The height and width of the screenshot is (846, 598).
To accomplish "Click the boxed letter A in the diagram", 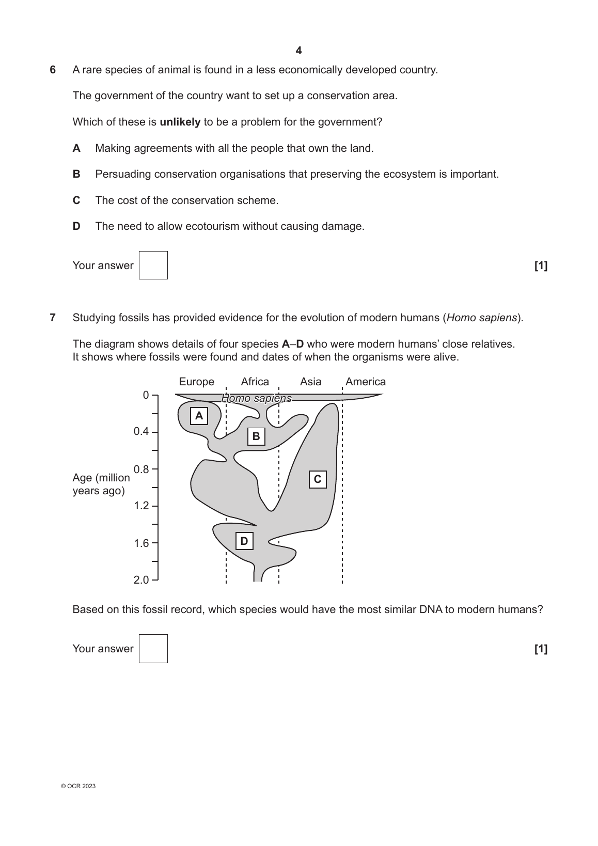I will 199,416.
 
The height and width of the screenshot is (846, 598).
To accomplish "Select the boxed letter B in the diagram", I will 256,436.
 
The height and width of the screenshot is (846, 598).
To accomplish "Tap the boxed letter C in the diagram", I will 318,479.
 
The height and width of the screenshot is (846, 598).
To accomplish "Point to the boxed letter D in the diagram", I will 244,541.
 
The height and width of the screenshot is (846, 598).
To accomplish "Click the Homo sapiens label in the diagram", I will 257,398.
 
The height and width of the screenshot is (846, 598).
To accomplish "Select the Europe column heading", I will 196,382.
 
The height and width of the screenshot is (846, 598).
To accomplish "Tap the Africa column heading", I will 255,382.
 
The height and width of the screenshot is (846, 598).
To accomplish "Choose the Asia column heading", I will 310,382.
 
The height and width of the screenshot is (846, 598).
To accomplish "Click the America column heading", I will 366,382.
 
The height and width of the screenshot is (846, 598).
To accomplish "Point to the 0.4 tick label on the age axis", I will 141,431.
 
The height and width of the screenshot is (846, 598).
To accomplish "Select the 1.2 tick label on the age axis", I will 141,506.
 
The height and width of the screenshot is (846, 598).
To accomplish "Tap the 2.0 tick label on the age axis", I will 141,580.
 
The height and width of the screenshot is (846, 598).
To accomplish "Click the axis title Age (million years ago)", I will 101,484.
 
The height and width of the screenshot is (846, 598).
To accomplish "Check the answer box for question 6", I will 153,265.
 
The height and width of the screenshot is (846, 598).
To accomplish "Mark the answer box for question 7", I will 153,649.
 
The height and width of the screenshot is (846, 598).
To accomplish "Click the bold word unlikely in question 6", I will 180,122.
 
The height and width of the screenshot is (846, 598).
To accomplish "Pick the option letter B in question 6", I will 76,175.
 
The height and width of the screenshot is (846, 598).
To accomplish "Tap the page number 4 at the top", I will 298,51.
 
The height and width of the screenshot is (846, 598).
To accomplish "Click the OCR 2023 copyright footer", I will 78,786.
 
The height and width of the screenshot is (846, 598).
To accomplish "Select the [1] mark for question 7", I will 541,649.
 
